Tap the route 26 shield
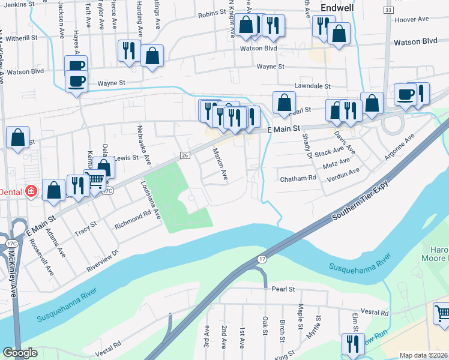[185, 155]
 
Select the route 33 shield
[388, 11]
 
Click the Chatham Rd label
[298, 178]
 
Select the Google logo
[20, 353]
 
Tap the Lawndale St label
[312, 86]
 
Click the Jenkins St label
[16, 4]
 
